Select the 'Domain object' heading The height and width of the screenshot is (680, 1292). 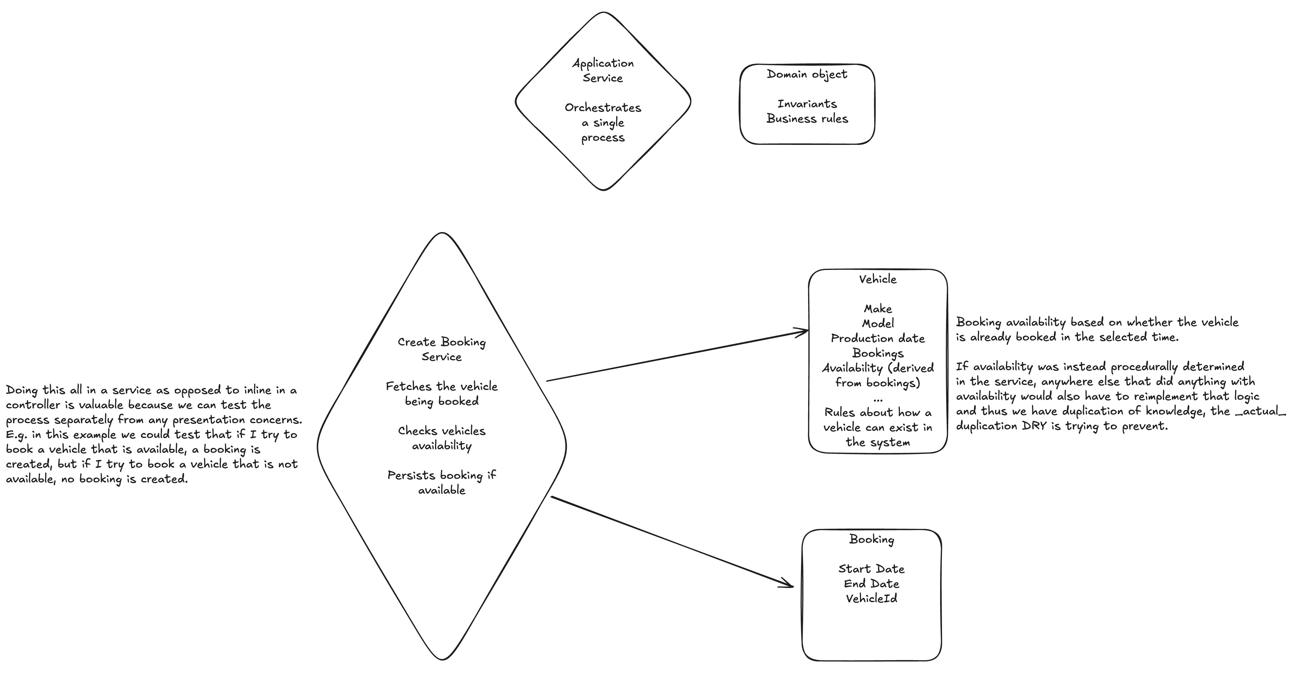807,74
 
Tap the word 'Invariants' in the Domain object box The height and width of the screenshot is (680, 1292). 807,104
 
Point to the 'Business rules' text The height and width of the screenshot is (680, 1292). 807,119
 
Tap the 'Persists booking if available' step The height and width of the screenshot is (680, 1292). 441,483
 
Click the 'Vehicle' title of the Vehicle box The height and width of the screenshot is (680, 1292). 878,279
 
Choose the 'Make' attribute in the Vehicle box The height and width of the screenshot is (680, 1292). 878,309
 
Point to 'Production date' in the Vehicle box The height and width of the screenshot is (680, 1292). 878,338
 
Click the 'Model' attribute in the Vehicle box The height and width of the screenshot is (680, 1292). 878,324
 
